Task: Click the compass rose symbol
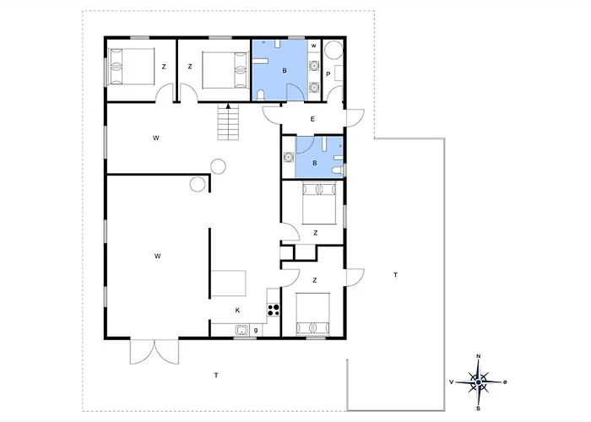point(479,382)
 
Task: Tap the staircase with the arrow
point(228,122)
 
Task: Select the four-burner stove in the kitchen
point(274,310)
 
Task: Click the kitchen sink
point(241,331)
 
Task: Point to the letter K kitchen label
point(237,310)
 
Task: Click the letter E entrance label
point(312,119)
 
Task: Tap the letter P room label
point(328,74)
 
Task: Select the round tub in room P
point(333,50)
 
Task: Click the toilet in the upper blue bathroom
point(260,95)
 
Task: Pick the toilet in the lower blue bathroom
point(338,170)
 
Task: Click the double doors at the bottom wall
point(155,352)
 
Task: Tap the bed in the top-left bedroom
point(131,67)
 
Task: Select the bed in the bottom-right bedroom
point(313,314)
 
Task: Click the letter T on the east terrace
point(395,275)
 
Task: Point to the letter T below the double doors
point(216,376)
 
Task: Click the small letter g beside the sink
point(256,331)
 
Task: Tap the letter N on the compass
point(479,356)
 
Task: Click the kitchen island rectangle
point(229,284)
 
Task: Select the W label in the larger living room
point(158,257)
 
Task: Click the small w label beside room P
point(313,46)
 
